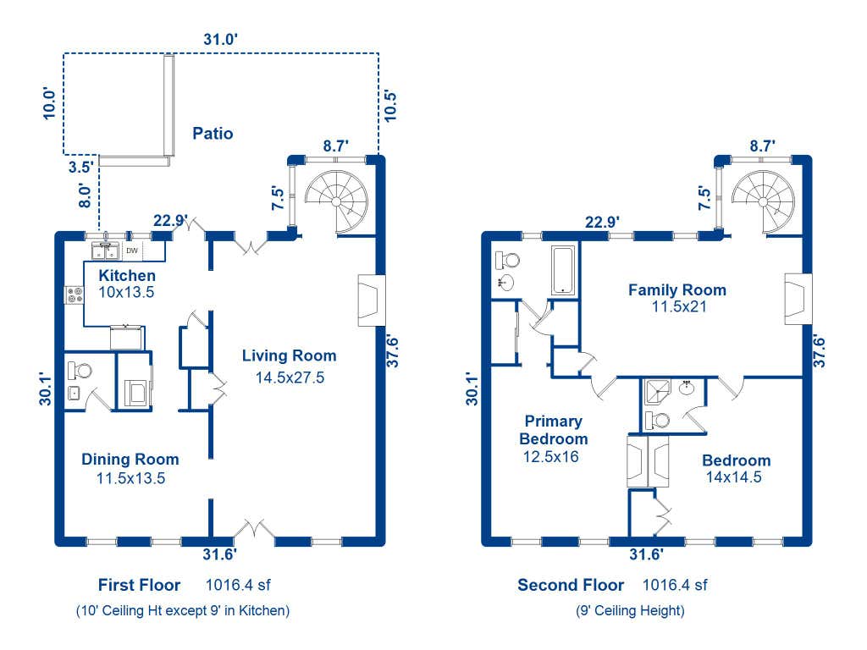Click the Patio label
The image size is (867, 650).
pyautogui.click(x=213, y=133)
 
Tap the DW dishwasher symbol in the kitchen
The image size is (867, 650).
pyautogui.click(x=132, y=251)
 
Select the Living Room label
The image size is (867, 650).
pyautogui.click(x=290, y=355)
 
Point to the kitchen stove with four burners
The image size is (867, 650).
pyautogui.click(x=75, y=295)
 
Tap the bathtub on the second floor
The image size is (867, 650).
pyautogui.click(x=563, y=270)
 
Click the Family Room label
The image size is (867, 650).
pyautogui.click(x=676, y=289)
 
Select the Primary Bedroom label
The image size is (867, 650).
pyautogui.click(x=553, y=430)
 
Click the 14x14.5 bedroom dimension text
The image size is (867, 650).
pyautogui.click(x=734, y=477)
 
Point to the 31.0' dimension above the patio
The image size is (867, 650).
pyautogui.click(x=221, y=39)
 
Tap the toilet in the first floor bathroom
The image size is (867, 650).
pyautogui.click(x=80, y=371)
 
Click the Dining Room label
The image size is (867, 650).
pyautogui.click(x=130, y=460)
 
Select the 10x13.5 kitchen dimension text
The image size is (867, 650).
pyautogui.click(x=126, y=292)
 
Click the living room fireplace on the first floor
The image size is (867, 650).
pyautogui.click(x=371, y=300)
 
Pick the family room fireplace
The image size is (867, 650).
pyautogui.click(x=798, y=299)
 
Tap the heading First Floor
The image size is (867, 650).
pyautogui.click(x=140, y=585)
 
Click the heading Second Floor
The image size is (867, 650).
pyautogui.click(x=571, y=585)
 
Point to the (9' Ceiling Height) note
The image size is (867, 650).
pyautogui.click(x=630, y=611)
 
